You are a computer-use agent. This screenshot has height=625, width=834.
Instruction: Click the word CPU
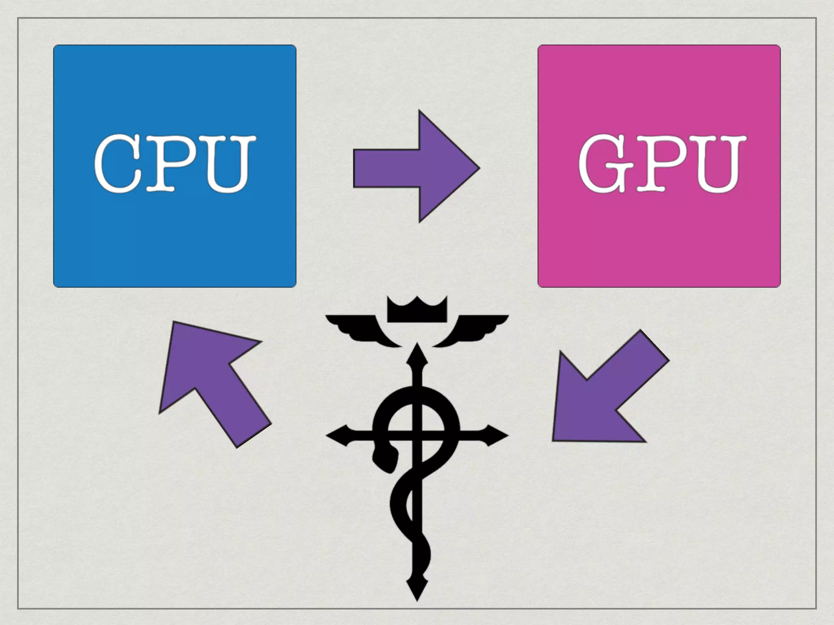click(x=174, y=164)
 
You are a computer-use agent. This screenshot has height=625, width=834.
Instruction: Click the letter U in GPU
click(x=717, y=164)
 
